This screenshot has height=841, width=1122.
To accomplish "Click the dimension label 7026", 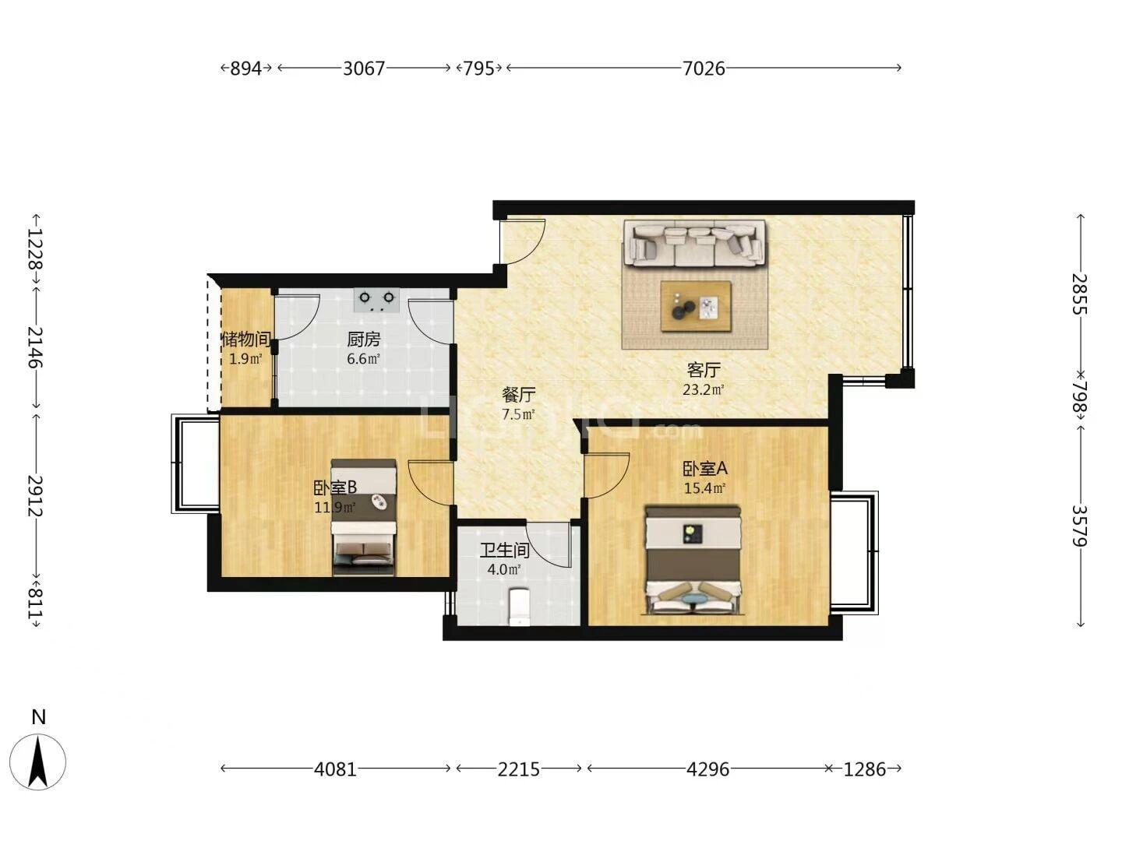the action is tap(704, 69).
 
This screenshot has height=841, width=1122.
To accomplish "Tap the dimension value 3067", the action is tap(363, 69).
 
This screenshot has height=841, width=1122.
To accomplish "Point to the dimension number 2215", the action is tap(518, 769).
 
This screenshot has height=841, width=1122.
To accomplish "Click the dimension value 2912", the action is tap(35, 496).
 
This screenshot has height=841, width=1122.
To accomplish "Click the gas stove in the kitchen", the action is tap(376, 300).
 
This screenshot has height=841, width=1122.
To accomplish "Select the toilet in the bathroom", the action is tap(520, 607).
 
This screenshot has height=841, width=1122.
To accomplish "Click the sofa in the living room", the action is tap(694, 243).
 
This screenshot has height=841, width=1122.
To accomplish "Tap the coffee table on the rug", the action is tap(696, 306).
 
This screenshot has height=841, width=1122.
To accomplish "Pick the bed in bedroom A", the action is tap(693, 560).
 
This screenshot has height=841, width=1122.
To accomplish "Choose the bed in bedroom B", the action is tap(363, 517).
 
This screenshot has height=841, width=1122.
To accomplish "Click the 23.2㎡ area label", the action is tap(704, 390).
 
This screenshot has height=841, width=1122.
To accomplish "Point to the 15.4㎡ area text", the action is tap(704, 488).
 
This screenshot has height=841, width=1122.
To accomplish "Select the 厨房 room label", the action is tap(363, 339).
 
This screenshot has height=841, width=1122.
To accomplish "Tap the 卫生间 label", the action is tap(504, 550).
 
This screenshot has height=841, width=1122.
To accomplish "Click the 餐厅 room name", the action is tap(518, 394).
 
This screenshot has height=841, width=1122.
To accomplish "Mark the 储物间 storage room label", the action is tap(246, 339).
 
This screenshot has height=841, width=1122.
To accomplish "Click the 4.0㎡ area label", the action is tap(503, 569).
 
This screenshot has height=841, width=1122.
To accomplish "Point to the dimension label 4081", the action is tap(335, 769).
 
